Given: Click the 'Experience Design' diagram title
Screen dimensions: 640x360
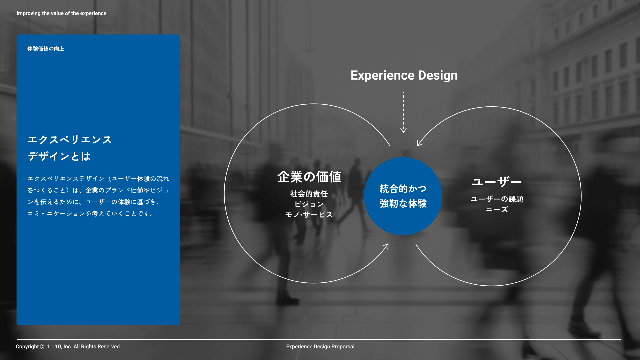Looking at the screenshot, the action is (404, 76).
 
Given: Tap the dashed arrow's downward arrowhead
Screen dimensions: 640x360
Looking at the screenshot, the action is (403, 130).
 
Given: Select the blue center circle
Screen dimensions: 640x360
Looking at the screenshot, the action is (403, 196).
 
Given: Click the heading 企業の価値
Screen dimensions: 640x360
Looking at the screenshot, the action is (309, 177).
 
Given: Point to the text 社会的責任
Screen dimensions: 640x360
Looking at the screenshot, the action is (309, 194).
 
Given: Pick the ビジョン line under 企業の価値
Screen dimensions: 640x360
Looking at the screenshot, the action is (309, 204).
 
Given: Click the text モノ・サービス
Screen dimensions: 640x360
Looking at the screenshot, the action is (309, 215).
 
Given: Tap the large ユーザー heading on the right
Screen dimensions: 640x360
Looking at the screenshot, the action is (497, 182).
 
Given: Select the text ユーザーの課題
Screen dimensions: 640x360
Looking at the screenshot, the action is (497, 199).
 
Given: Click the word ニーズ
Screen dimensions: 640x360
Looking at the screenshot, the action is (497, 209).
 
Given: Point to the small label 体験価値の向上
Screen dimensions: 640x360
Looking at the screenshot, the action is (46, 49).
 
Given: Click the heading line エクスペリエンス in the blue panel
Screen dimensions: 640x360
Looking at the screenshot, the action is (70, 140).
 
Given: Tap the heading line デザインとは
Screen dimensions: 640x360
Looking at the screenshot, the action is (59, 156).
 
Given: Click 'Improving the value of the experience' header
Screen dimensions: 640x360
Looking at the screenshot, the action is (62, 13).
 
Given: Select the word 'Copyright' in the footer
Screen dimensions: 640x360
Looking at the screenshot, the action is (27, 347).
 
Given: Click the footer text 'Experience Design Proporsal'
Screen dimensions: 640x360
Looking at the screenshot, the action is (320, 347).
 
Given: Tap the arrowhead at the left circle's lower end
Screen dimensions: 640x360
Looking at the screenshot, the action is (386, 246).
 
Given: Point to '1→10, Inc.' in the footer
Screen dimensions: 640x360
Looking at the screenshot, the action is (59, 347).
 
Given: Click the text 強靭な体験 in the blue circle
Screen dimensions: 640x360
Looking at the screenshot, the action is (403, 204).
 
